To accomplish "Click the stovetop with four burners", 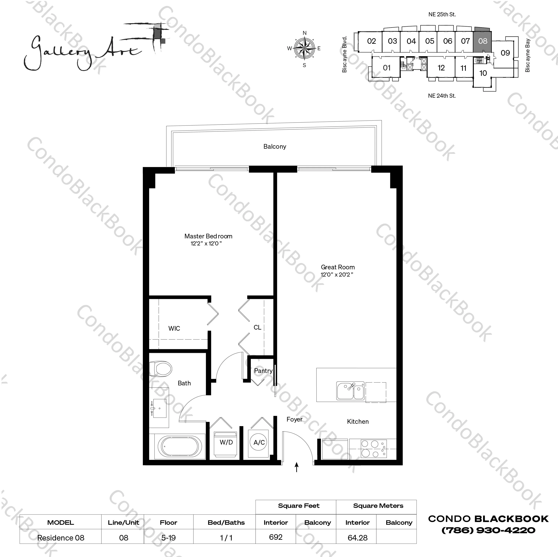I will [x=373, y=449].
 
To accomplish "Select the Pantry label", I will [x=263, y=371].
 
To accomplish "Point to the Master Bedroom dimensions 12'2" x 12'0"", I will [x=206, y=244].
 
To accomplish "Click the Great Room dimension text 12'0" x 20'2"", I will [x=337, y=275].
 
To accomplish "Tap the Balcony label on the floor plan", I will [x=275, y=147].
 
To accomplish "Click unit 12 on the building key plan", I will [x=441, y=68].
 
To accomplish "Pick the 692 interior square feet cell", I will [x=275, y=537].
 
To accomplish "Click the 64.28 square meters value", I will [x=357, y=538].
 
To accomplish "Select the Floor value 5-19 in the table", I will [x=168, y=538].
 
